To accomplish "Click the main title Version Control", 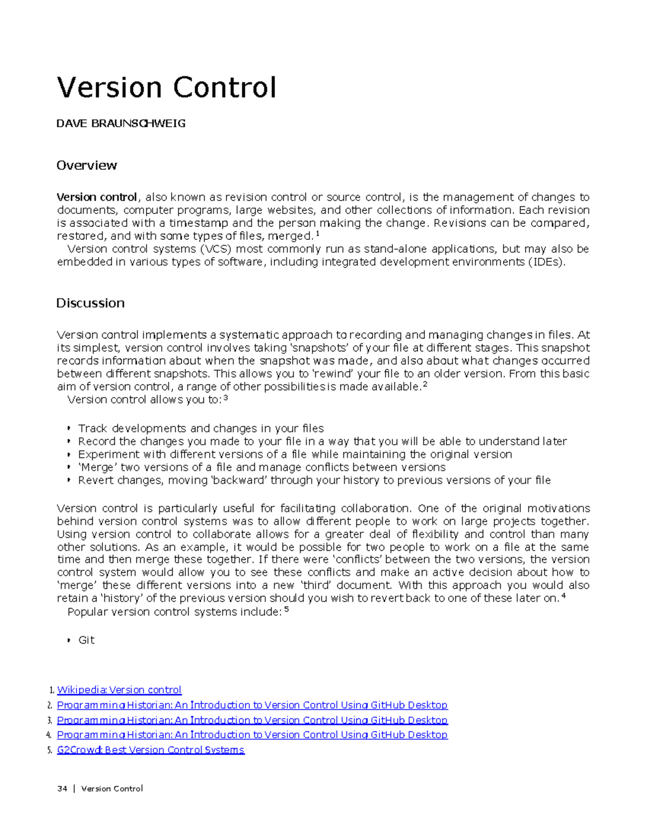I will [167, 88].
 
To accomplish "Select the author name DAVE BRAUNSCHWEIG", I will [121, 123].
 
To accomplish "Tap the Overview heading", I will [86, 165].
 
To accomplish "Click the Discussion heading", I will [90, 303].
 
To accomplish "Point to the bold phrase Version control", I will [97, 197].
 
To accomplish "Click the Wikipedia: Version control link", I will [119, 690].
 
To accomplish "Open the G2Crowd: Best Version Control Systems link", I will [150, 750].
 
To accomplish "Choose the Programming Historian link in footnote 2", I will [252, 705].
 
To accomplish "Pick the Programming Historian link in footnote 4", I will [252, 735].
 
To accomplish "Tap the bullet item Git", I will [86, 640].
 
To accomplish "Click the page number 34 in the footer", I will [62, 788].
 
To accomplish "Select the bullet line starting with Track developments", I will [201, 428].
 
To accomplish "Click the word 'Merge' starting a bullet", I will [97, 467].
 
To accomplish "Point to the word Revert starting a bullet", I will [94, 480].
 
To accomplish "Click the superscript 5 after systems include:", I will [286, 610].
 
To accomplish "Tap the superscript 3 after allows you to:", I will [225, 398].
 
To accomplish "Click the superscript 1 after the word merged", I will [317, 234].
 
